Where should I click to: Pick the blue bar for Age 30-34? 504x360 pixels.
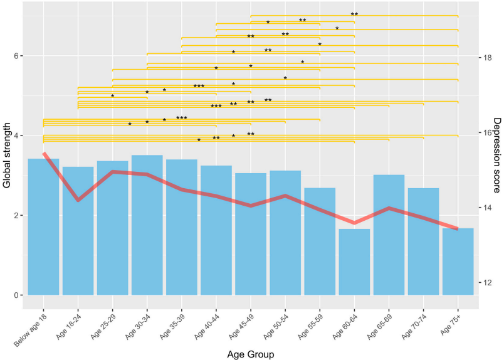tap(147, 225)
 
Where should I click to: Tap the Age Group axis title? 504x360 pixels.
tap(251, 354)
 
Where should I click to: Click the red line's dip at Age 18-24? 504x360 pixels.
tap(78, 200)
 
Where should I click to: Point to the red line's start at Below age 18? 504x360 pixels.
tap(44, 154)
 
